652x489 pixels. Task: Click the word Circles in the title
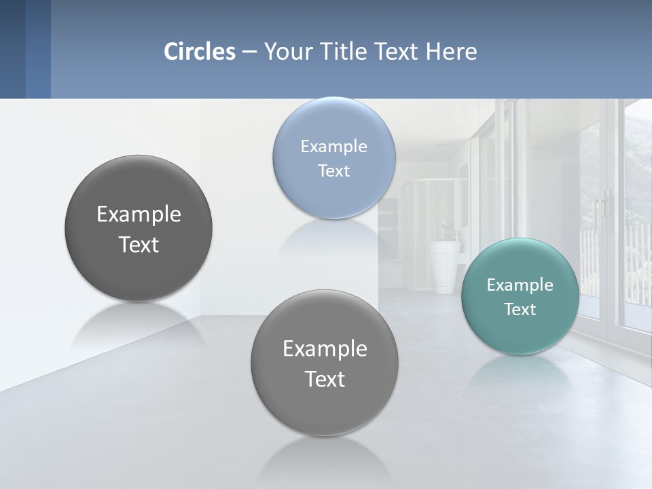200,52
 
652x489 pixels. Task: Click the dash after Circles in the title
249,52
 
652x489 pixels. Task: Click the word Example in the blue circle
333,147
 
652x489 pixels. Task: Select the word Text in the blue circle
333,170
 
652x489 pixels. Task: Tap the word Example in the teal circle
520,285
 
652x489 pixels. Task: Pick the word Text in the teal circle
520,310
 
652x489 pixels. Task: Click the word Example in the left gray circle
139,215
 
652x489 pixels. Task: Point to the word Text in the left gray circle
139,244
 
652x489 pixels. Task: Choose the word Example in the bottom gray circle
325,349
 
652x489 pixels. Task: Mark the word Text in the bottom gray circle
325,379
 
